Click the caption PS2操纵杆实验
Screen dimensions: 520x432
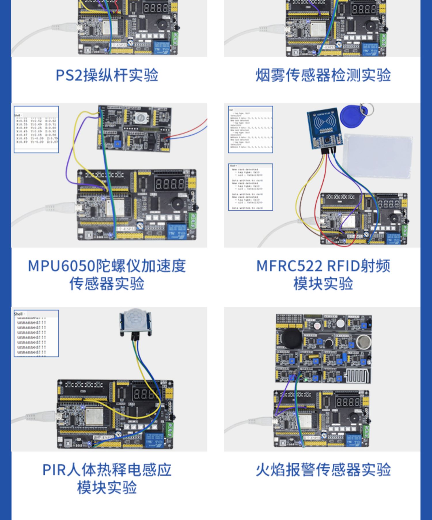[107, 75]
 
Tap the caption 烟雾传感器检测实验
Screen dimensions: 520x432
[323, 75]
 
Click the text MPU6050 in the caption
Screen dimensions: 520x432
[61, 266]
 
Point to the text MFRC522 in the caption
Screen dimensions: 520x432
[289, 266]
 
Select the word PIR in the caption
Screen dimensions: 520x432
[54, 470]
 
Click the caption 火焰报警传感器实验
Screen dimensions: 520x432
[323, 470]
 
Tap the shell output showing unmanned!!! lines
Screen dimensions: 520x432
[36, 334]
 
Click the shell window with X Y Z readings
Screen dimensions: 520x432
[36, 130]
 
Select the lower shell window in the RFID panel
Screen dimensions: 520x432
[250, 187]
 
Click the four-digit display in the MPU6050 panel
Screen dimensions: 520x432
[170, 184]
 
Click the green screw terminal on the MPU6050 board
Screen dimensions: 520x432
[192, 220]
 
